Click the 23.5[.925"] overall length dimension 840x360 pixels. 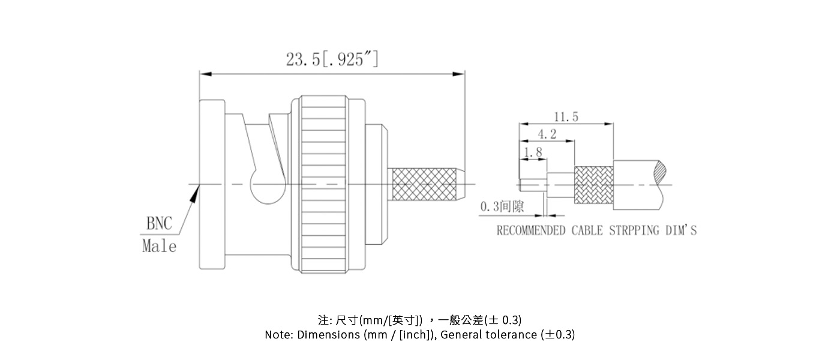point(332,59)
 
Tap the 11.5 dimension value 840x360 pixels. point(566,116)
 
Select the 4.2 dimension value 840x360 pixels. point(546,134)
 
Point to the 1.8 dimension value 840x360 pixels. point(532,153)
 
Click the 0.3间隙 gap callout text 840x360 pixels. point(502,207)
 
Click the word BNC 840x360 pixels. point(159,224)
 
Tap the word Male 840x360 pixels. point(159,246)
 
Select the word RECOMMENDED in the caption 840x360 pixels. point(530,230)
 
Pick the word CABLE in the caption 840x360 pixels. point(587,230)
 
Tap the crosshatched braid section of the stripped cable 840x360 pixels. point(593,184)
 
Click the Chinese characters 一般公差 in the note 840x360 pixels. point(464,319)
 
